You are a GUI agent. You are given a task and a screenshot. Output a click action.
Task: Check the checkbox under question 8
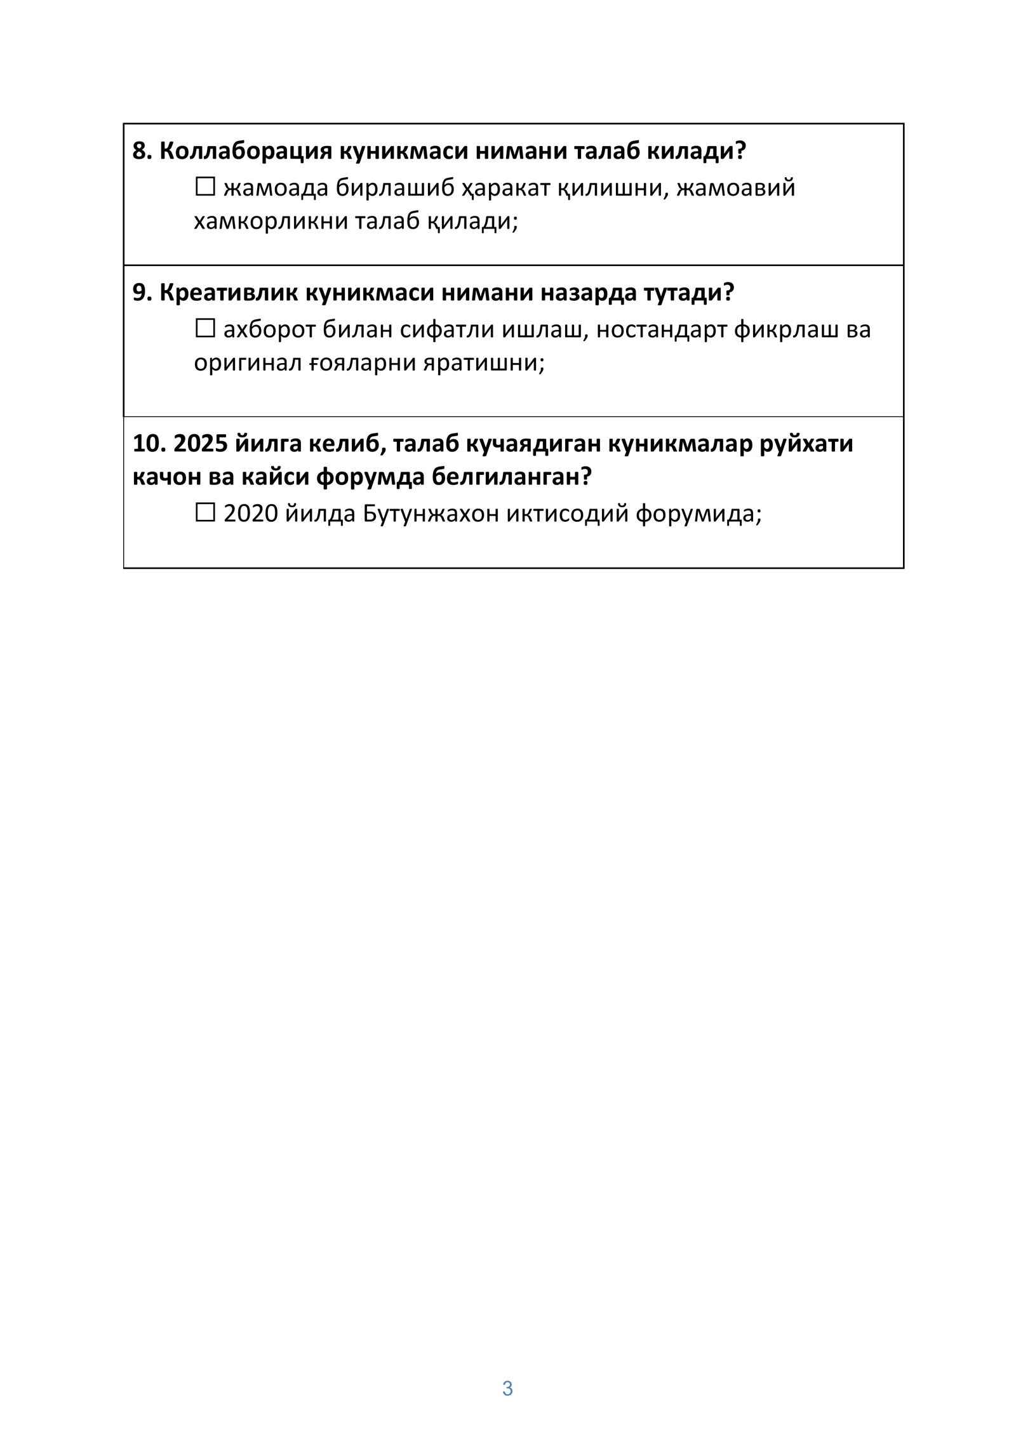coord(204,187)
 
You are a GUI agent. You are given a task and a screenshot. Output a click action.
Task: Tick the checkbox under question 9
coord(204,329)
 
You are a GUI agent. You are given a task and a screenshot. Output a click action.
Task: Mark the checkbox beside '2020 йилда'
coord(204,512)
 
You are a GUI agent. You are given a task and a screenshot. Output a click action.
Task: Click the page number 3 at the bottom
coord(507,1388)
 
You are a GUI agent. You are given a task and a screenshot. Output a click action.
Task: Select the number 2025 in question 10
coord(200,444)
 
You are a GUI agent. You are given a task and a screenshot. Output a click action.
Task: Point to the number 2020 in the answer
coord(250,514)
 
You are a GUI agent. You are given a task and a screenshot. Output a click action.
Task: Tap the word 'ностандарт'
coord(660,330)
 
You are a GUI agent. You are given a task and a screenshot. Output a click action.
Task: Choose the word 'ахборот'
coord(269,330)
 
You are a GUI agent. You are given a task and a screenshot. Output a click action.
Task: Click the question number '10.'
coord(149,444)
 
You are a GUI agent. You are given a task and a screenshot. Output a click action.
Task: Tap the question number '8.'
coord(142,151)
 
